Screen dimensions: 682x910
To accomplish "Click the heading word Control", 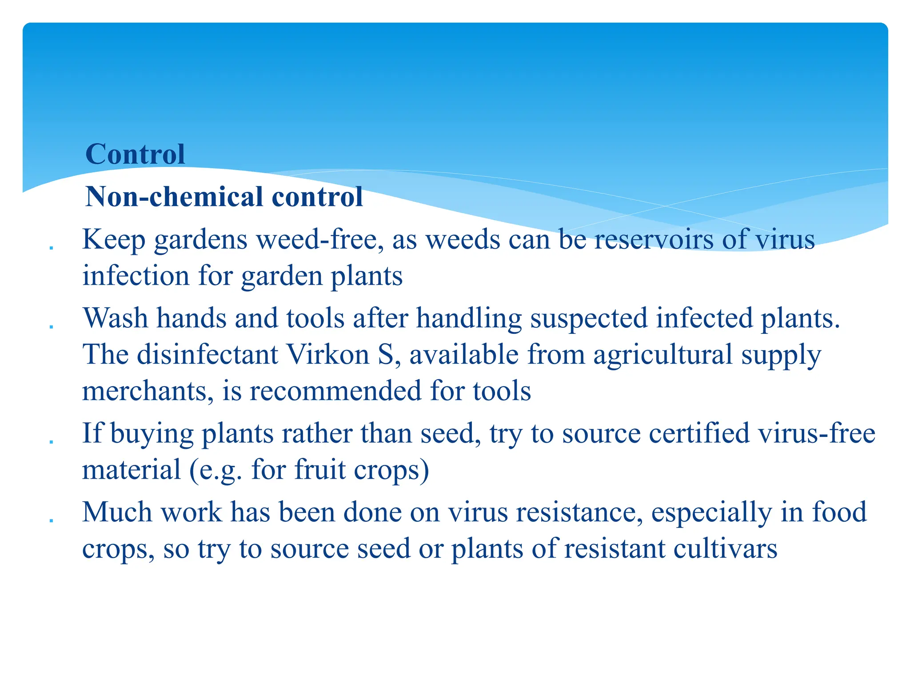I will coord(135,154).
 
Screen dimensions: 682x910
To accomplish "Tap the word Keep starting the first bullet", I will coord(114,240).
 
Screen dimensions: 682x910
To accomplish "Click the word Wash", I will coord(116,318).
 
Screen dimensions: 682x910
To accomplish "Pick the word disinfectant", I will coord(207,355).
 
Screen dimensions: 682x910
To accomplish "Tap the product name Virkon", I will coord(328,355).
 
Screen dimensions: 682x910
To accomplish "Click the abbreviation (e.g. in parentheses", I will coord(216,471).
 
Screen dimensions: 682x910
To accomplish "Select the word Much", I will coord(117,512).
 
